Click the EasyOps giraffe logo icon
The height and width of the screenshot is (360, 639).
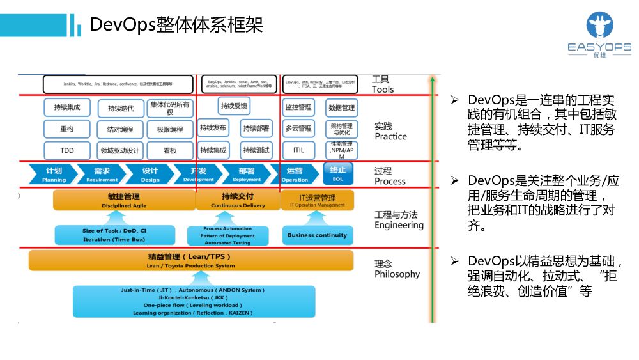tap(599, 27)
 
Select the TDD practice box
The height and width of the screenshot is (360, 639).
tap(67, 150)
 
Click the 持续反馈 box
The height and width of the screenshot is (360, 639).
tap(234, 106)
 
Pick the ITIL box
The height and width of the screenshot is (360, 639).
tap(298, 150)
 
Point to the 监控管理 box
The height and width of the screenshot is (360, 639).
tap(298, 107)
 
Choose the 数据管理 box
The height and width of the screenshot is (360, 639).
tap(341, 107)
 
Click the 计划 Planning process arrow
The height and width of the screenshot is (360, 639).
tap(54, 175)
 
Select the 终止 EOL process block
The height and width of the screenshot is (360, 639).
tap(338, 174)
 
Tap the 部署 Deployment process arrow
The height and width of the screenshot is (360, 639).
tap(246, 175)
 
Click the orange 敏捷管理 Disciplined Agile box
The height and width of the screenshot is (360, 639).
tap(124, 200)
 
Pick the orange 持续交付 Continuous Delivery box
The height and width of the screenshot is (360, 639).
tap(238, 200)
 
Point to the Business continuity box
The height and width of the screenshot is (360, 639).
tap(317, 235)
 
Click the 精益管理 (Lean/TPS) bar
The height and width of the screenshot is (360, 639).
tap(190, 260)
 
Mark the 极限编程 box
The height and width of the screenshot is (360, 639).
tap(170, 129)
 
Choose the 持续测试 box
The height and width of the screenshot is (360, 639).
tap(256, 150)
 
